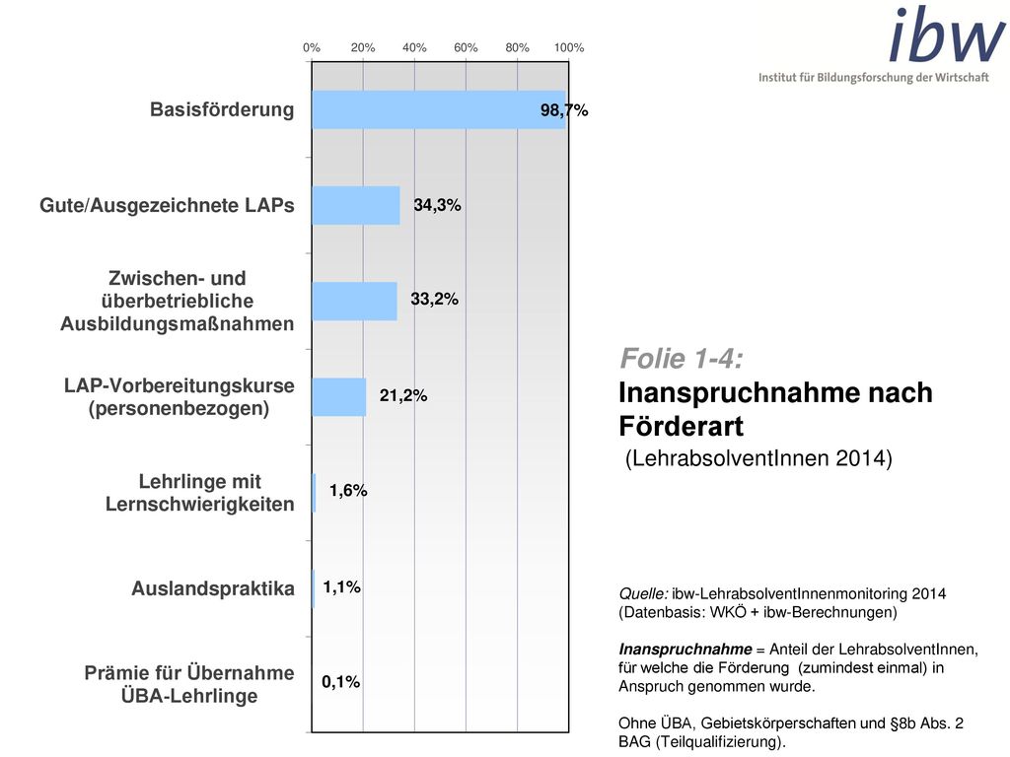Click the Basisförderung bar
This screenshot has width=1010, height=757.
(439, 109)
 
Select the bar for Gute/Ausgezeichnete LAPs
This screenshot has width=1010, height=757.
(356, 205)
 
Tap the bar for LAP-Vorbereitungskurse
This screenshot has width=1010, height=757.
(339, 396)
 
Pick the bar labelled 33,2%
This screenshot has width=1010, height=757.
(355, 302)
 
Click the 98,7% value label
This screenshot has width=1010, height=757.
(564, 110)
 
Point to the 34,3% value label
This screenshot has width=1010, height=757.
(437, 205)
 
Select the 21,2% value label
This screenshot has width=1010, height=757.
(403, 395)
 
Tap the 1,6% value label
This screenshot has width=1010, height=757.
(348, 491)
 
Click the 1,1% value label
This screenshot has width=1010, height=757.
(342, 587)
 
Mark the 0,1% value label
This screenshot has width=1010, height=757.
(340, 682)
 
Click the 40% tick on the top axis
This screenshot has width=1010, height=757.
(414, 47)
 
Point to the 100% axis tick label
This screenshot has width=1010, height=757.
(569, 47)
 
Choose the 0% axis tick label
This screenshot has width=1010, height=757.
(312, 47)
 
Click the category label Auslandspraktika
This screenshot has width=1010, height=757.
(213, 588)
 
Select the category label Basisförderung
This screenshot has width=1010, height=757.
(222, 109)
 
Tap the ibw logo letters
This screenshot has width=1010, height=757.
(946, 34)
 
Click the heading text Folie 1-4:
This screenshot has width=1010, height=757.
(682, 359)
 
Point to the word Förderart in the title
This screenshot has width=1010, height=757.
(681, 426)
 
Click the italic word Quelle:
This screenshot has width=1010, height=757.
(643, 594)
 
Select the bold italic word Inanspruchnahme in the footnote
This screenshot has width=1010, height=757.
(685, 650)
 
